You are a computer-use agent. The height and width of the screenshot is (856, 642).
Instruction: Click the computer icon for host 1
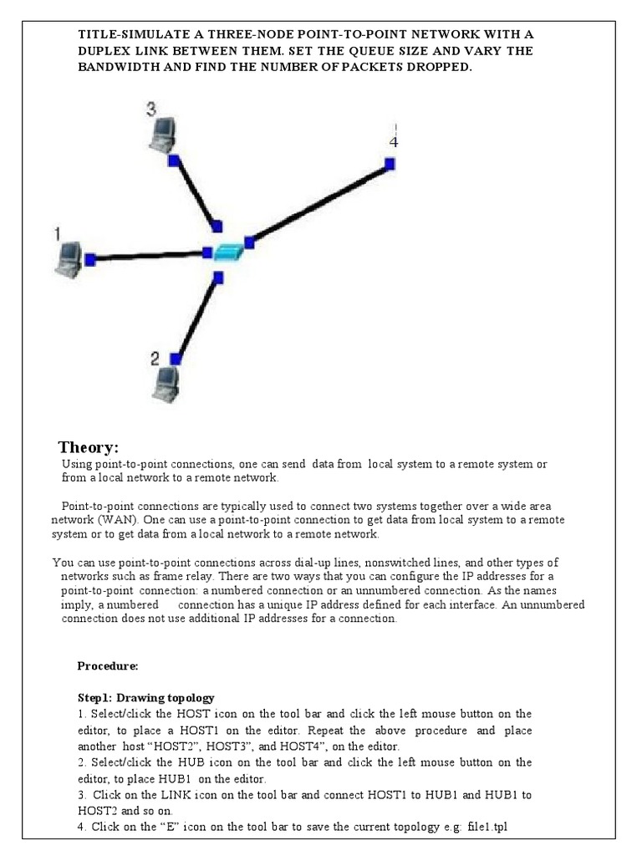coord(67,258)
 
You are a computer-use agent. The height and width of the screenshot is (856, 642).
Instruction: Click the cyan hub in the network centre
coord(228,252)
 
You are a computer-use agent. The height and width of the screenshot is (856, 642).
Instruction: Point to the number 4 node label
coord(393,142)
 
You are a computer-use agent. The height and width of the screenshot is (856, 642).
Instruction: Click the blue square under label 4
coord(390,165)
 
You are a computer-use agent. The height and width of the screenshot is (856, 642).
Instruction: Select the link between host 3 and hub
coord(196,192)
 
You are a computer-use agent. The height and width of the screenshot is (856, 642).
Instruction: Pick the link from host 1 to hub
coord(149,256)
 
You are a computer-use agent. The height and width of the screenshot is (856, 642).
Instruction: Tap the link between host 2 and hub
coord(197,318)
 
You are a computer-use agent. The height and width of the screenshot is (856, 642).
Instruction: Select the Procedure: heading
coord(108,666)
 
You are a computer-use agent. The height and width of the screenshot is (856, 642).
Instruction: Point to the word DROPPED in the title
coord(436,67)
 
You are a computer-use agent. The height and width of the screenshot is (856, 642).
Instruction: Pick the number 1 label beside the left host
coord(57,235)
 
